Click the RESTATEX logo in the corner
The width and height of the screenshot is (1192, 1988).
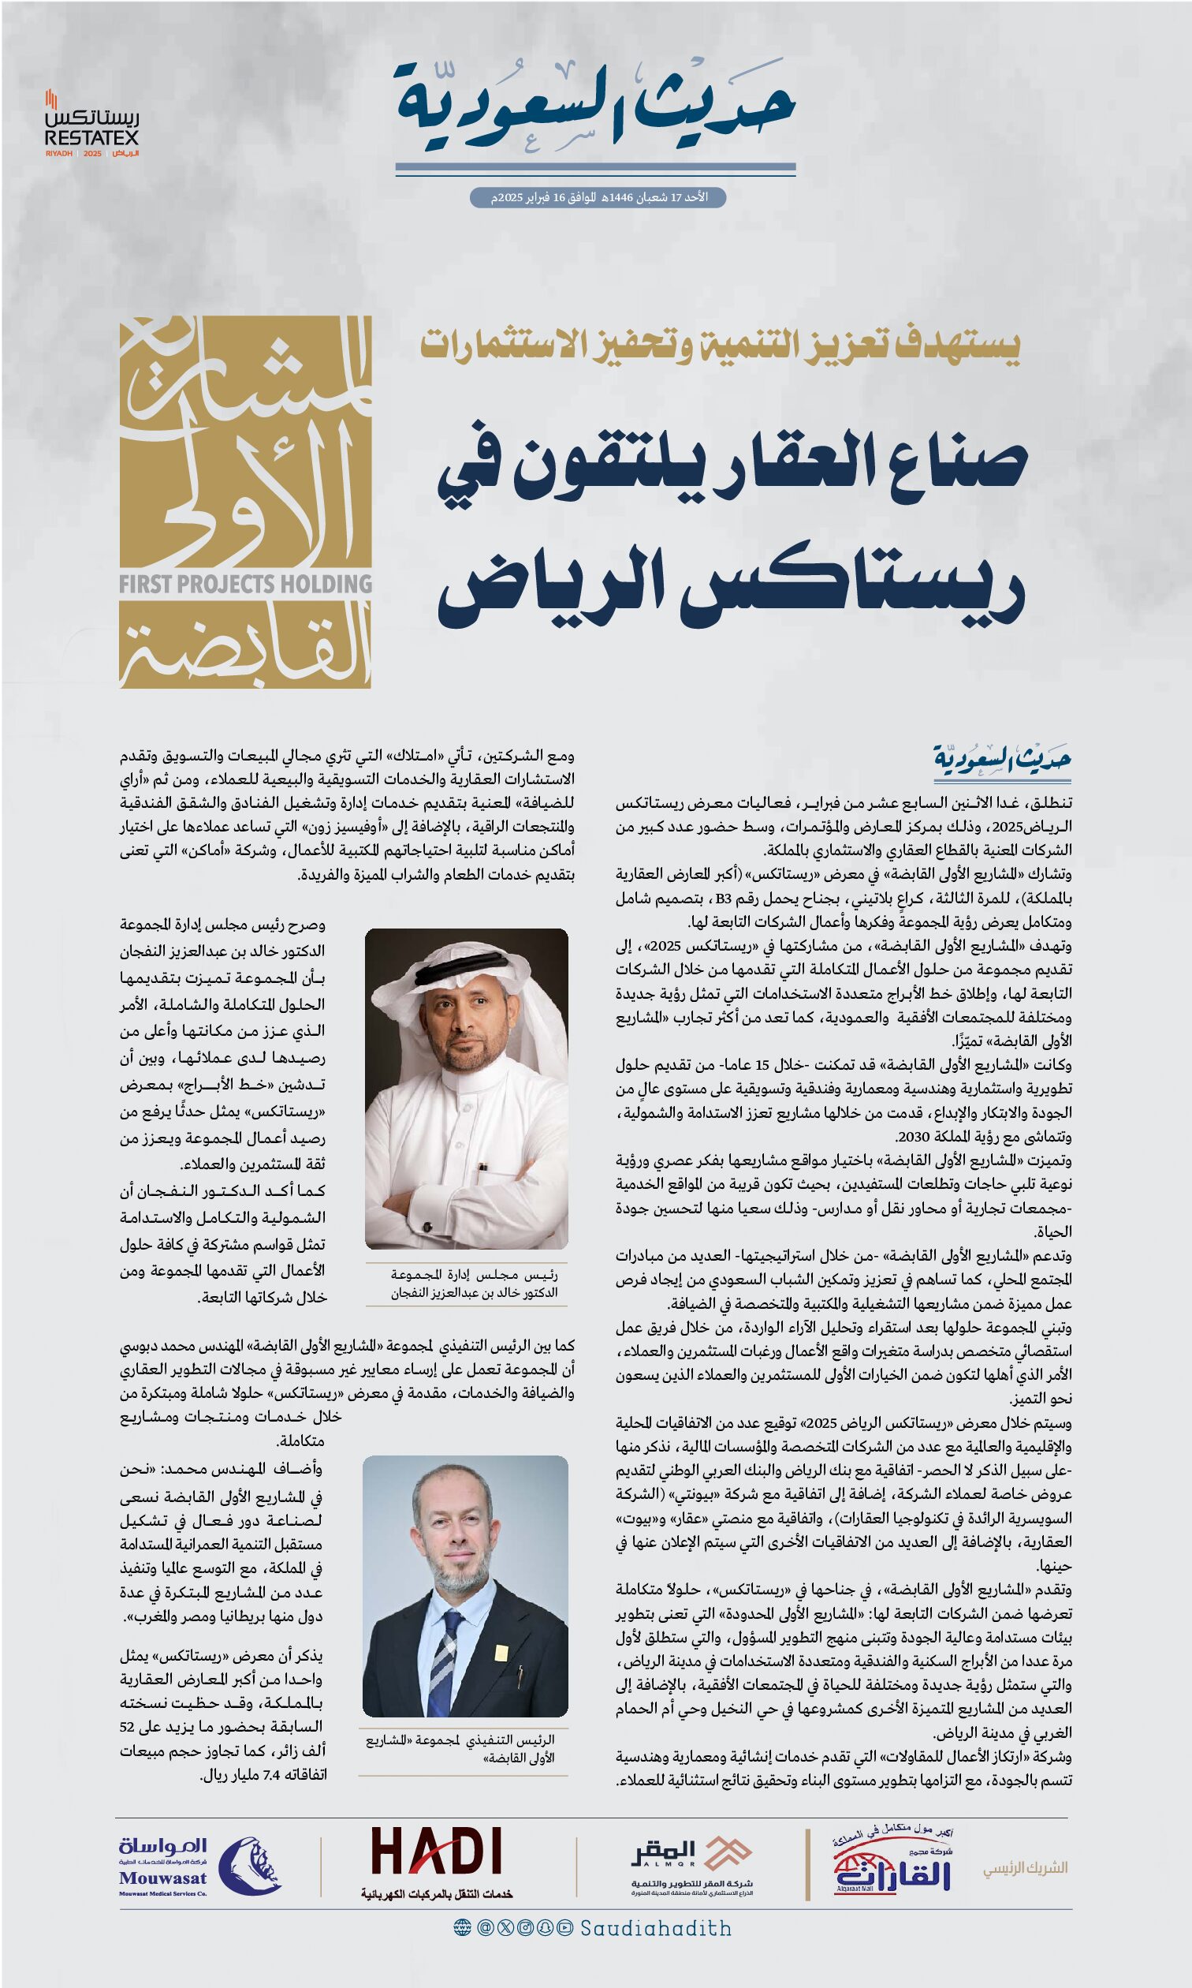[x=91, y=125]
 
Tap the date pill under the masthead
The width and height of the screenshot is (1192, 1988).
[x=598, y=198]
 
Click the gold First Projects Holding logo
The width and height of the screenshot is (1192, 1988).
[x=245, y=502]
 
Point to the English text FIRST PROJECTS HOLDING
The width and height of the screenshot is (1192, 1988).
[x=245, y=583]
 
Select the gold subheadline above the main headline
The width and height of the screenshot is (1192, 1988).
[x=720, y=346]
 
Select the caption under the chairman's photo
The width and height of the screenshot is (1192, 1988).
[x=474, y=1284]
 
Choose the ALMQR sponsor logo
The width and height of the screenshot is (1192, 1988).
[x=691, y=1863]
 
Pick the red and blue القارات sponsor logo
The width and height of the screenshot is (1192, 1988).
[x=892, y=1863]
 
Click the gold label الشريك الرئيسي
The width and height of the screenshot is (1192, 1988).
[x=1025, y=1867]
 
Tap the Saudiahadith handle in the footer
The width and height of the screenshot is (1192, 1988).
[x=655, y=1929]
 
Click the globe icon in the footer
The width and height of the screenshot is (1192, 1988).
[x=462, y=1928]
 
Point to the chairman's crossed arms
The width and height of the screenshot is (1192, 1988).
[x=466, y=1205]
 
